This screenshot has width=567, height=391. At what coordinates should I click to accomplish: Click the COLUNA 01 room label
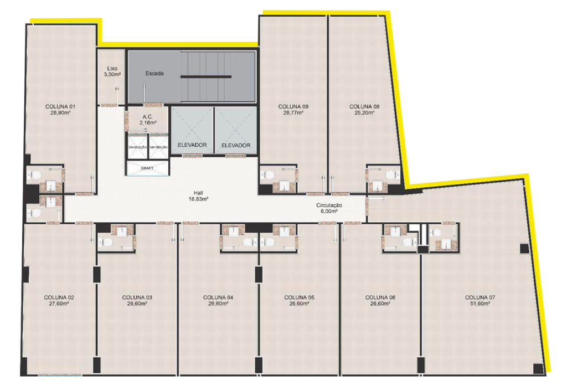pyautogui.click(x=60, y=107)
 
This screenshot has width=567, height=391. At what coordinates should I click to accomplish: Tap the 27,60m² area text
pyautogui.click(x=59, y=303)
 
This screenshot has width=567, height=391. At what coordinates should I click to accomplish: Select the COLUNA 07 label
pyautogui.click(x=480, y=298)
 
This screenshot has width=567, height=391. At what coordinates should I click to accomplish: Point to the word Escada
pyautogui.click(x=154, y=74)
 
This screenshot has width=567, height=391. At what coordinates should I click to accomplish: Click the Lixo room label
pyautogui.click(x=112, y=68)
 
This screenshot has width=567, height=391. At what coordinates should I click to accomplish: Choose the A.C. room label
pyautogui.click(x=147, y=117)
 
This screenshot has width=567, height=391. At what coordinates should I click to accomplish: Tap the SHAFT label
pyautogui.click(x=147, y=168)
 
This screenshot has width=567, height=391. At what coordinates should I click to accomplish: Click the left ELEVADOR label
pyautogui.click(x=192, y=145)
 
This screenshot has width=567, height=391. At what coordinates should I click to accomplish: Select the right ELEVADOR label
pyautogui.click(x=236, y=146)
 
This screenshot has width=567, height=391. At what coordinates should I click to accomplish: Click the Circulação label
pyautogui.click(x=329, y=205)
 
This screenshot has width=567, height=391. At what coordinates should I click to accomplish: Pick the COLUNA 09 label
pyautogui.click(x=293, y=107)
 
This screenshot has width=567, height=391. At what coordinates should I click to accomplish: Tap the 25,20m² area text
pyautogui.click(x=364, y=112)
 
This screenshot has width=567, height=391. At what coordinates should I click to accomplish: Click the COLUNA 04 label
pyautogui.click(x=218, y=298)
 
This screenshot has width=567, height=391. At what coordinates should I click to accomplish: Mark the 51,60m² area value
pyautogui.click(x=480, y=303)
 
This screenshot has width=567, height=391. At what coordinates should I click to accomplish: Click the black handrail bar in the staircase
pyautogui.click(x=206, y=76)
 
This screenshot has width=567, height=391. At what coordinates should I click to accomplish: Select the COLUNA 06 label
pyautogui.click(x=380, y=298)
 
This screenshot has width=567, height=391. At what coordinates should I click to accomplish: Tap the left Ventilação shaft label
pyautogui.click(x=137, y=147)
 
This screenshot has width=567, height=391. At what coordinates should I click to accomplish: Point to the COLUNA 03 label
pyautogui.click(x=137, y=298)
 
